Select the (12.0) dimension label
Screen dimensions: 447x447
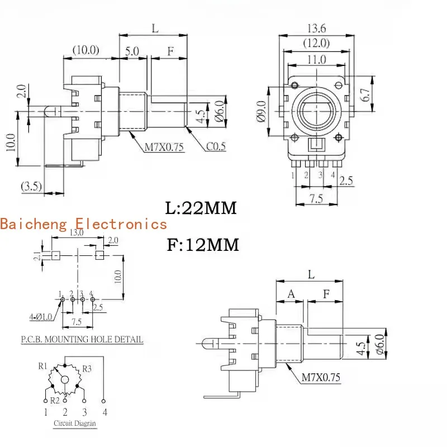pyautogui.click(x=316, y=43)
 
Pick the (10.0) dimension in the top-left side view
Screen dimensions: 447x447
pyautogui.click(x=85, y=50)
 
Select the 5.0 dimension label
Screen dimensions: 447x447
pyautogui.click(x=132, y=50)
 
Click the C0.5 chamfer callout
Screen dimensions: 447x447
pyautogui.click(x=216, y=146)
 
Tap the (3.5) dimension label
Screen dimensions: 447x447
pyautogui.click(x=31, y=186)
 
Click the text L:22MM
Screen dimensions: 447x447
pyautogui.click(x=201, y=208)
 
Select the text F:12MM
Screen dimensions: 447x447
pyautogui.click(x=202, y=245)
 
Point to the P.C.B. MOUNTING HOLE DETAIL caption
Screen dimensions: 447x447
pyautogui.click(x=82, y=339)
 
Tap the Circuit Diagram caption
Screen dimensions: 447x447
pyautogui.click(x=74, y=423)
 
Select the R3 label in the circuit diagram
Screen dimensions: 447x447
pyautogui.click(x=87, y=368)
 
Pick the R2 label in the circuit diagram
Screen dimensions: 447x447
pyautogui.click(x=55, y=400)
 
